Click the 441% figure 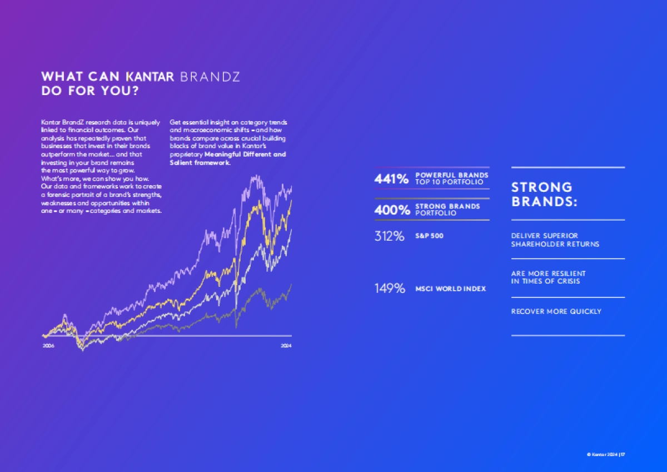(x=391, y=178)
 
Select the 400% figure (x=391, y=210)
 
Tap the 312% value (x=389, y=236)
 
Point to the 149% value (x=389, y=289)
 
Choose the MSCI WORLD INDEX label (x=450, y=289)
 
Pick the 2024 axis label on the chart (x=286, y=346)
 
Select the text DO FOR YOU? (x=90, y=91)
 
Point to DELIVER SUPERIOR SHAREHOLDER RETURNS (x=555, y=240)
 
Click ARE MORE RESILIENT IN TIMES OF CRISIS (x=548, y=277)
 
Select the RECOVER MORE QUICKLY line (x=556, y=311)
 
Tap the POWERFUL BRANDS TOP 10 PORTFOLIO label (x=452, y=178)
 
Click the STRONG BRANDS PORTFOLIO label (x=447, y=210)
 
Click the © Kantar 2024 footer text (x=603, y=454)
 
